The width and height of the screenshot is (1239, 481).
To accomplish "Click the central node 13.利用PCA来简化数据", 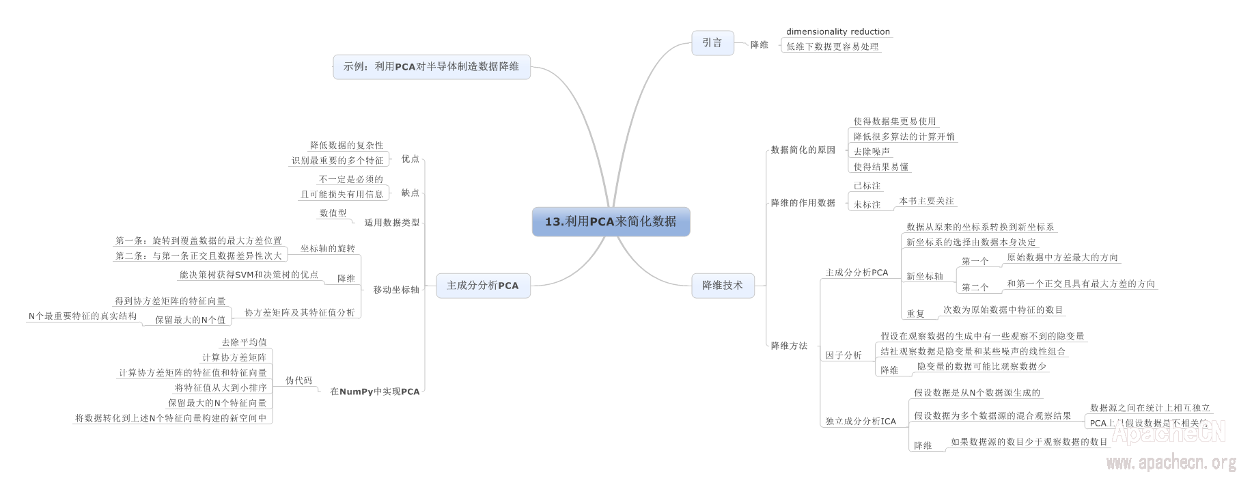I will (x=611, y=221).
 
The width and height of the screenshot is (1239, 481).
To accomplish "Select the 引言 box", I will (x=712, y=42).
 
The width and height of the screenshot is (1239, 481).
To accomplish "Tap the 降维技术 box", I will (x=722, y=285).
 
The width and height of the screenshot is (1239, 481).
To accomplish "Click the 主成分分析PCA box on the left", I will (x=482, y=285).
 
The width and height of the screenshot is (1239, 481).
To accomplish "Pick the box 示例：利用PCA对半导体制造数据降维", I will (x=431, y=66).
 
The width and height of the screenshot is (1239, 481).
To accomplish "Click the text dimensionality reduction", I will (x=837, y=31).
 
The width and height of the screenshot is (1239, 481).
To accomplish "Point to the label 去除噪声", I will (x=872, y=152).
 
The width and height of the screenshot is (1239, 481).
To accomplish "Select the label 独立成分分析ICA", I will (x=861, y=421).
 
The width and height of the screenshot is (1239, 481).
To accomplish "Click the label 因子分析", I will (x=844, y=355).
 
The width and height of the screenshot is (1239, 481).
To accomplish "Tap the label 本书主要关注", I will (x=926, y=201).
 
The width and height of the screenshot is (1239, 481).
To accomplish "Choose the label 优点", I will (x=410, y=159).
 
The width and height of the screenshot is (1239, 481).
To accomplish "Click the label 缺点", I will (x=410, y=193).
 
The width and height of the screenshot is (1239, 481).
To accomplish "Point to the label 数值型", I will (x=333, y=213).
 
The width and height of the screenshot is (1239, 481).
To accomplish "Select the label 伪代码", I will (x=299, y=381).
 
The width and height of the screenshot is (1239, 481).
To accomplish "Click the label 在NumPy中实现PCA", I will (x=374, y=391).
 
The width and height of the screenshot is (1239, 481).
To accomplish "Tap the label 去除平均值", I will (x=244, y=342).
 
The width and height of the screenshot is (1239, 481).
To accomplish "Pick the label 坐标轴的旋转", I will (x=328, y=249).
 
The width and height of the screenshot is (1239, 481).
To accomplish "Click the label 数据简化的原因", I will (x=803, y=150).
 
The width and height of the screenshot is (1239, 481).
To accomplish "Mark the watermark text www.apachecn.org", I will (x=1171, y=463).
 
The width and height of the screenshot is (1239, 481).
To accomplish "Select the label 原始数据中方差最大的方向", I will (x=1062, y=258).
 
